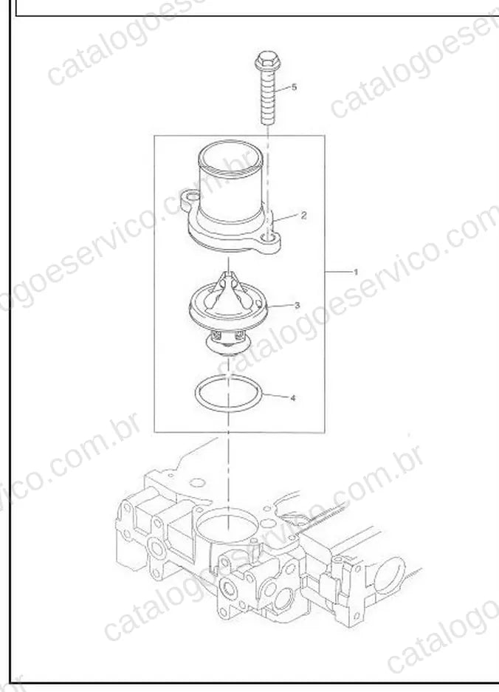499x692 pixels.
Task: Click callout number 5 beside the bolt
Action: pyautogui.click(x=295, y=87)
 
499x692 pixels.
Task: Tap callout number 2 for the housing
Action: pyautogui.click(x=303, y=216)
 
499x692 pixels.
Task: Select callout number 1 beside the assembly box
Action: pyautogui.click(x=356, y=272)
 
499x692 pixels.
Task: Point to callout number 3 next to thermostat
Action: pyautogui.click(x=297, y=305)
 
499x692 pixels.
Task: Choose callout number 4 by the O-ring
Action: pyautogui.click(x=293, y=398)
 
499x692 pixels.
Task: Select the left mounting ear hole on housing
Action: pyautogui.click(x=191, y=195)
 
